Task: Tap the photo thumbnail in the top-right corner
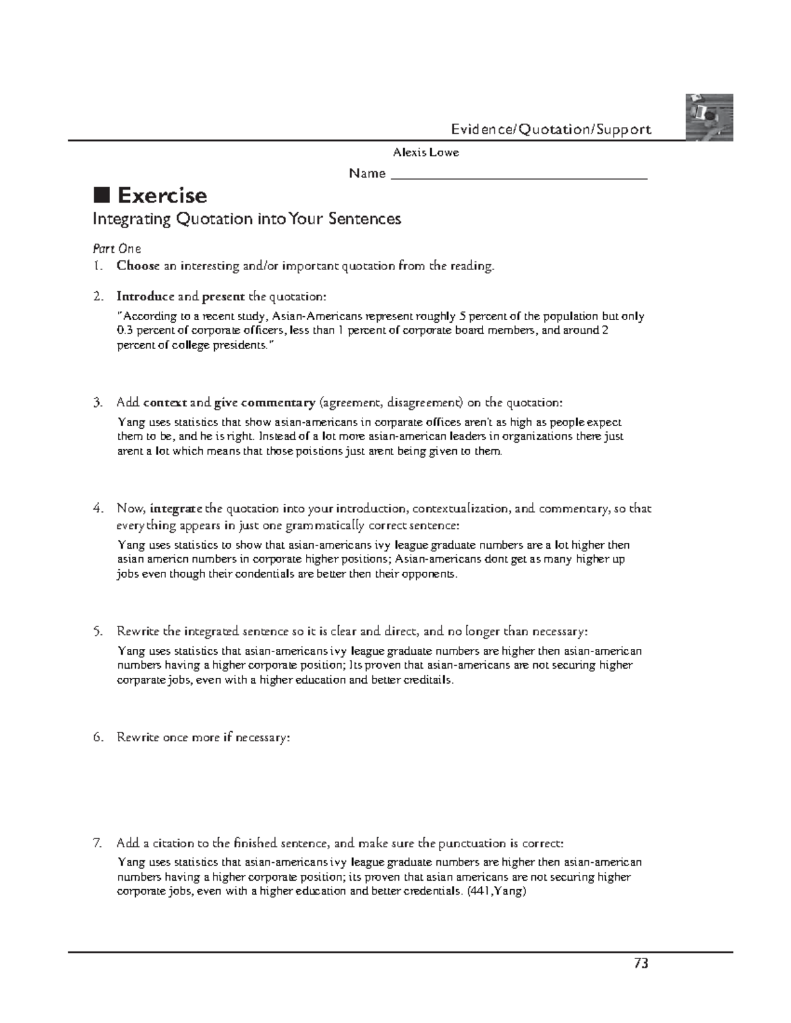pyautogui.click(x=709, y=117)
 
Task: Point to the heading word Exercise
pyautogui.click(x=162, y=196)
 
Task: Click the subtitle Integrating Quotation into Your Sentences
pyautogui.click(x=247, y=219)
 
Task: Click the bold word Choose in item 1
pyautogui.click(x=138, y=266)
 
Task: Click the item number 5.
pyautogui.click(x=98, y=631)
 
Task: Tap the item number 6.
pyautogui.click(x=98, y=737)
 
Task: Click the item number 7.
pyautogui.click(x=98, y=843)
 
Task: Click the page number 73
pyautogui.click(x=641, y=964)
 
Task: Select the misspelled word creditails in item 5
pyautogui.click(x=427, y=680)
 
